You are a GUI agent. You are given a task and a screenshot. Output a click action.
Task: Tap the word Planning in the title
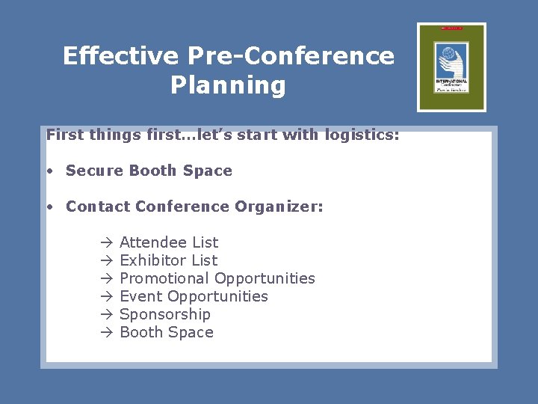(228, 85)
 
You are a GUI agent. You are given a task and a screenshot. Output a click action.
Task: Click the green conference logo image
(451, 67)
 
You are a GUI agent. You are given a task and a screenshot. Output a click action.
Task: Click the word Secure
(95, 171)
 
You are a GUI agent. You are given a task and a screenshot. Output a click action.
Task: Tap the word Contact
(95, 206)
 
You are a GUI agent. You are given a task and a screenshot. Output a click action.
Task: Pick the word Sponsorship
(165, 314)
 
